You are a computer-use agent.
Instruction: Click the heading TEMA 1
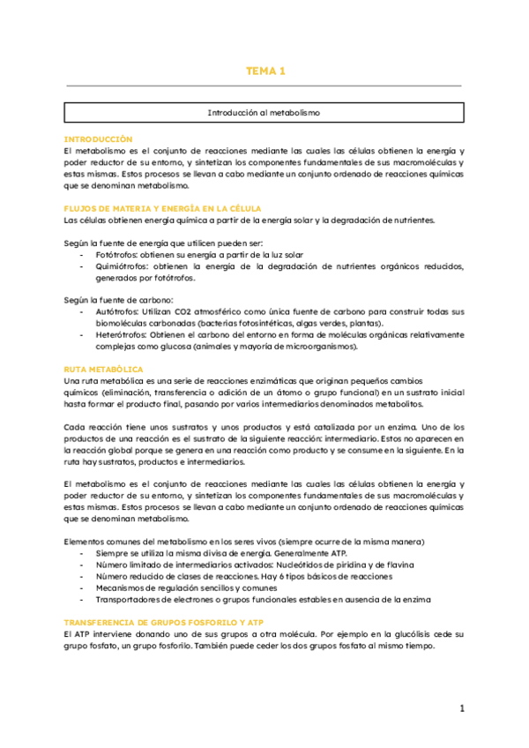[x=264, y=71]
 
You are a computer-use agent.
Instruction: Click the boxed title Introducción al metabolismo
[x=264, y=114]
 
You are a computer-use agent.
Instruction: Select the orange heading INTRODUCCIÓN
[x=98, y=139]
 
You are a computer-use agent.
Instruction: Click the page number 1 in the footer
[x=462, y=708]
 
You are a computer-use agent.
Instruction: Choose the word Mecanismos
[x=122, y=587]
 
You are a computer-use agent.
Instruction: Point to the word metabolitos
[x=396, y=403]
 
